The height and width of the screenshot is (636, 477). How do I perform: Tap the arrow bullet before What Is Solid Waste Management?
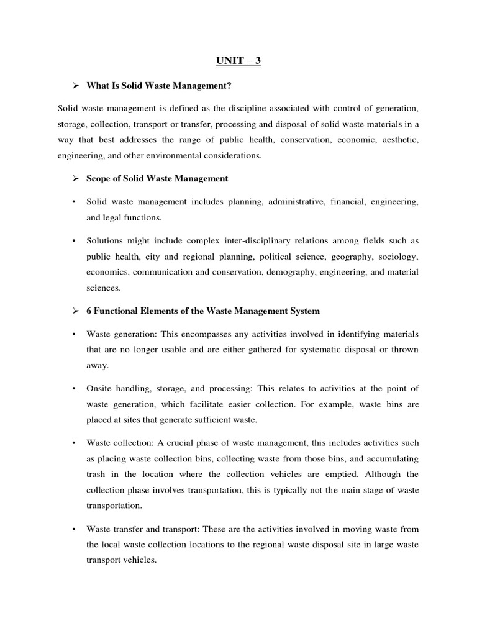pyautogui.click(x=75, y=85)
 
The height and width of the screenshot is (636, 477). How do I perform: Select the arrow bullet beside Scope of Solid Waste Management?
pyautogui.click(x=75, y=178)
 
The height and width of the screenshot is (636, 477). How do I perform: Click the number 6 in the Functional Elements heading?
pyautogui.click(x=89, y=311)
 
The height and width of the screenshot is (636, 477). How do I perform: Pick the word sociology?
pyautogui.click(x=397, y=256)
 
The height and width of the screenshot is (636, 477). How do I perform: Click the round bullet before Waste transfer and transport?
pyautogui.click(x=74, y=529)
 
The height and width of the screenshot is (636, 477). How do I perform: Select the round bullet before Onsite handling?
pyautogui.click(x=74, y=388)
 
